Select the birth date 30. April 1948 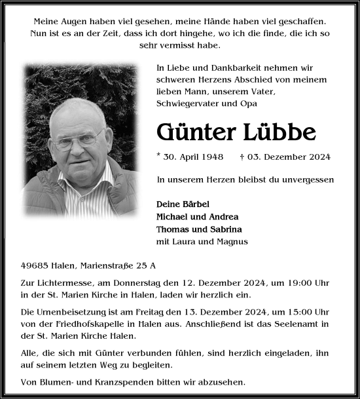point(194,157)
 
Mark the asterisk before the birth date point(159,155)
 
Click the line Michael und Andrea point(197,216)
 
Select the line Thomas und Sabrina point(199,229)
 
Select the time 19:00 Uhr point(314,283)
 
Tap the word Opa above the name point(249,104)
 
